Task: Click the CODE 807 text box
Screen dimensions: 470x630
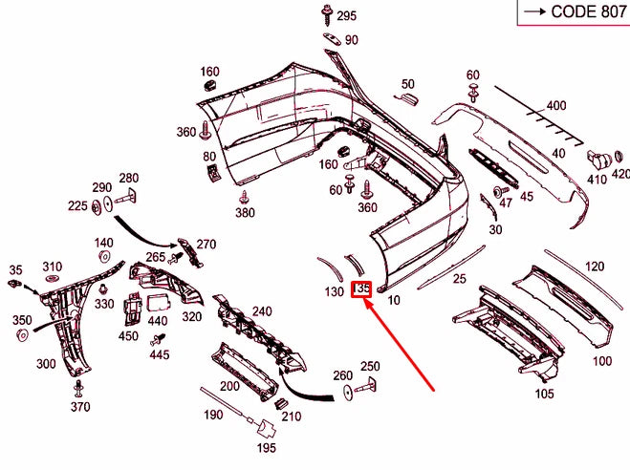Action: click(x=573, y=12)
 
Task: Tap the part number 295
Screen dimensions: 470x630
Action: click(x=346, y=16)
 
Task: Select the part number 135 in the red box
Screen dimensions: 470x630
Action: click(x=361, y=289)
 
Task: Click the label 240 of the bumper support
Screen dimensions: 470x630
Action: click(x=261, y=311)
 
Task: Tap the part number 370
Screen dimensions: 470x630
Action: click(x=80, y=407)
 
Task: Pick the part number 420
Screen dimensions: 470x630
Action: click(x=620, y=174)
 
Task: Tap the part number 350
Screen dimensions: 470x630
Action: click(x=21, y=319)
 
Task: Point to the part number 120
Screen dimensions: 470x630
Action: click(x=595, y=266)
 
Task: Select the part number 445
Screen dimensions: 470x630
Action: click(x=160, y=354)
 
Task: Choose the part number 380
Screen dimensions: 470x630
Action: click(x=245, y=212)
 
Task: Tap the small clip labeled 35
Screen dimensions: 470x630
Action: click(x=14, y=283)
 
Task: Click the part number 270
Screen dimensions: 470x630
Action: click(x=206, y=244)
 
